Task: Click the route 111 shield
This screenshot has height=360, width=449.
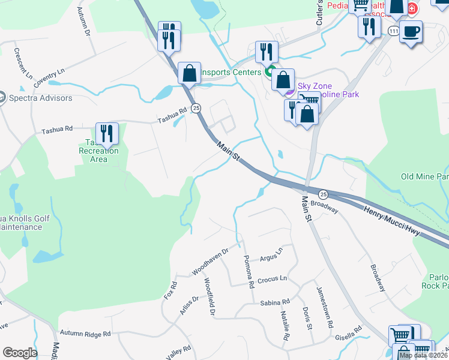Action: click(393, 31)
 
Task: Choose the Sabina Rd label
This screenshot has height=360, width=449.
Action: click(275, 302)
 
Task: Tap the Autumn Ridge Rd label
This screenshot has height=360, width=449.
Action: click(85, 334)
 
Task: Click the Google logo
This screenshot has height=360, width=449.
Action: click(20, 353)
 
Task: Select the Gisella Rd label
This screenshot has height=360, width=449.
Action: click(349, 329)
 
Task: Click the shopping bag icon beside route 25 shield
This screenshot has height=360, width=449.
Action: click(189, 73)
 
